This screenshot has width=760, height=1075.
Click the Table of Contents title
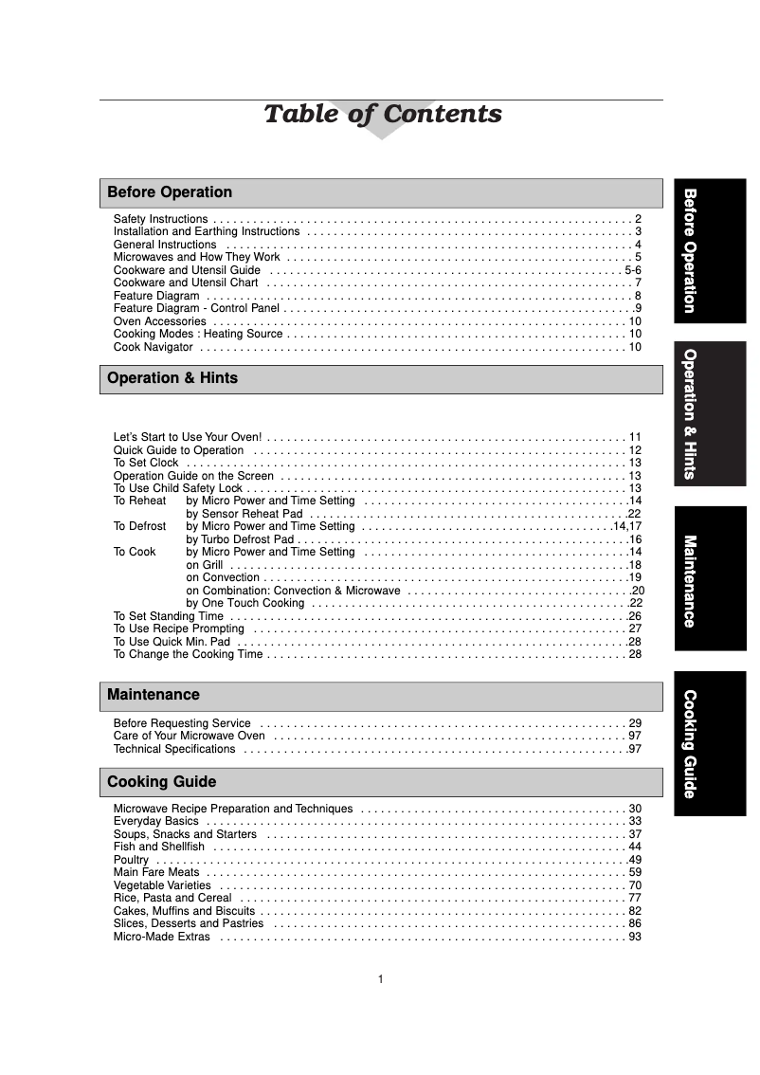382,115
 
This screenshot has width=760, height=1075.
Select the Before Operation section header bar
381,192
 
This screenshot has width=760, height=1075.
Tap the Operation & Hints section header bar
381,378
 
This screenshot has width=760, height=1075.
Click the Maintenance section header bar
381,695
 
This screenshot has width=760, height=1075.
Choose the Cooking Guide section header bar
381,782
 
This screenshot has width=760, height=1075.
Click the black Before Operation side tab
710,250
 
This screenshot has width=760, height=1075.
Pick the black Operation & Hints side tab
710,414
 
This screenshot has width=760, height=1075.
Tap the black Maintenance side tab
710,578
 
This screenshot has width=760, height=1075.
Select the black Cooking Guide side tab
710,743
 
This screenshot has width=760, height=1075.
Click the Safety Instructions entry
160,219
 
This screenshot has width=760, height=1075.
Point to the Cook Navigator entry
154,348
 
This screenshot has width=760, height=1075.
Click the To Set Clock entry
146,463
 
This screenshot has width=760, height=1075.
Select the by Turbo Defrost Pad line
242,538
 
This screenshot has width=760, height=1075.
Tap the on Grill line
205,564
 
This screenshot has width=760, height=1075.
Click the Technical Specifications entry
174,749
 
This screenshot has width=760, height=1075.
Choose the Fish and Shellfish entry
158,847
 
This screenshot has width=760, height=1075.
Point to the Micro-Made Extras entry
161,937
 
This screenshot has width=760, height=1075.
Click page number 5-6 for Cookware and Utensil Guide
633,270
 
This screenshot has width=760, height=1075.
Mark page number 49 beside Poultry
635,860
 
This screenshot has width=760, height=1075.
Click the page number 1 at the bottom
380,979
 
